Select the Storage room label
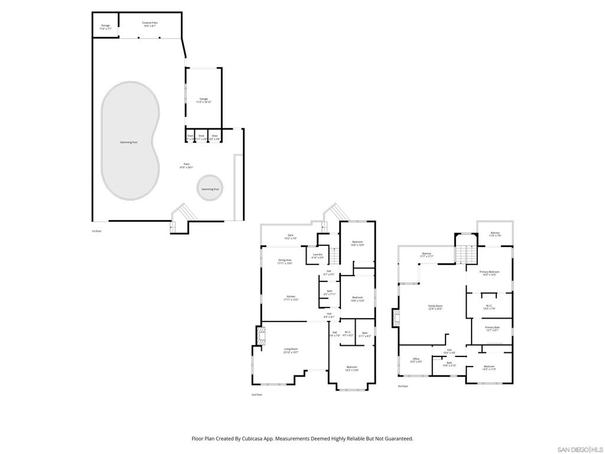[105, 27]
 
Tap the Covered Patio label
[149, 24]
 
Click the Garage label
[203, 100]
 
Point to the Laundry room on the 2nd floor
[317, 255]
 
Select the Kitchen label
[291, 297]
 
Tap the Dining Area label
[285, 261]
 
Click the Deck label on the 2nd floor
[291, 236]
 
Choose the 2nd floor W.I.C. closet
[347, 334]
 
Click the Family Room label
[435, 307]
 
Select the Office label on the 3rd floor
[416, 359]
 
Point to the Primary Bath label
[492, 328]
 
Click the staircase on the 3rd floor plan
[464, 255]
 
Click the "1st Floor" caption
[97, 231]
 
